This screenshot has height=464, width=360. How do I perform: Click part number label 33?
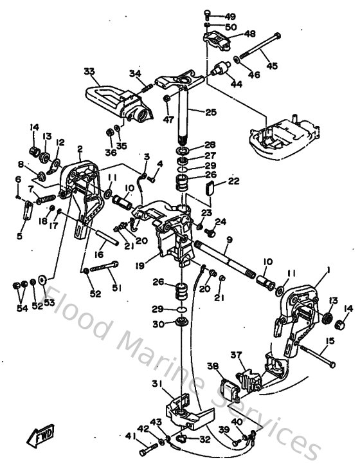[89, 71]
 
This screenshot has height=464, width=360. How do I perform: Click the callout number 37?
[236, 354]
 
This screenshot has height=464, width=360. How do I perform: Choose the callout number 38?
[213, 367]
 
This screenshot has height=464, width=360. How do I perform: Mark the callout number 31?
[156, 384]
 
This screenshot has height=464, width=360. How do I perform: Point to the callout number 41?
[130, 436]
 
